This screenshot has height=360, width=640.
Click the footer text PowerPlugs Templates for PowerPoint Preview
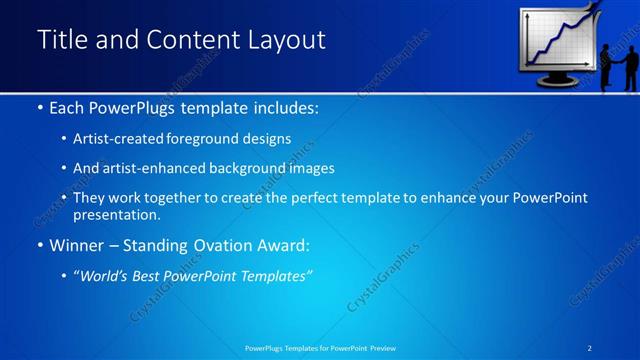(x=320, y=347)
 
